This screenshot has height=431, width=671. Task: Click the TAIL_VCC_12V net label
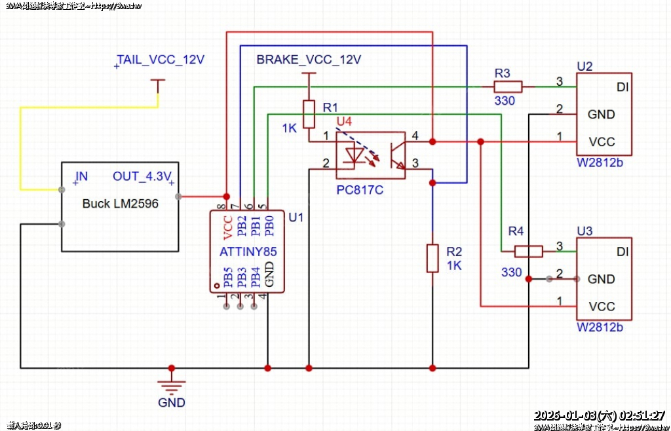tap(161, 60)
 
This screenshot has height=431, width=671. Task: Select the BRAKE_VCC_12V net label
tap(309, 60)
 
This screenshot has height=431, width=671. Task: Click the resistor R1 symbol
tap(309, 114)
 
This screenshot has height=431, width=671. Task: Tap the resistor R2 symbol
tap(432, 257)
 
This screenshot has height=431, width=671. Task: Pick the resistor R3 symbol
tap(508, 86)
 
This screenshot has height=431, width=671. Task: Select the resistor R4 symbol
tap(528, 251)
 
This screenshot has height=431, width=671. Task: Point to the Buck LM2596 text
tap(121, 204)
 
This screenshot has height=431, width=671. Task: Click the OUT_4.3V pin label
tap(142, 176)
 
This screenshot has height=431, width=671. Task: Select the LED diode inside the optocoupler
tap(355, 156)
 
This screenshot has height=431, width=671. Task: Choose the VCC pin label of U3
tap(602, 307)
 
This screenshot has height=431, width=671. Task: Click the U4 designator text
tap(344, 121)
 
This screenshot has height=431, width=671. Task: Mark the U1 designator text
tap(296, 217)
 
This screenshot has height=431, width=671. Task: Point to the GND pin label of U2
tap(602, 115)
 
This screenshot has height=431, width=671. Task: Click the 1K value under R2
tap(454, 265)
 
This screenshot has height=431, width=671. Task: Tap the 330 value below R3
tap(505, 101)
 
